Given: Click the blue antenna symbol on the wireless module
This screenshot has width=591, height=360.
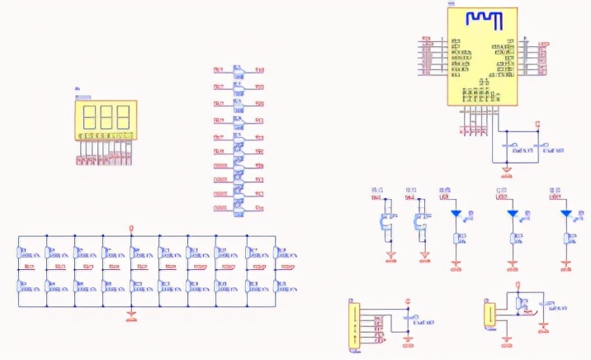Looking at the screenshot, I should point(480,19).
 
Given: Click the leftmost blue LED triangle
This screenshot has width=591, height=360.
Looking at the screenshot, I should point(456,213).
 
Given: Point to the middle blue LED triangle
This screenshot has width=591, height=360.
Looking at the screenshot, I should point(513,213).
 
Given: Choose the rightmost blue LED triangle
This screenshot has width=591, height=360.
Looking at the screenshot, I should point(566,213).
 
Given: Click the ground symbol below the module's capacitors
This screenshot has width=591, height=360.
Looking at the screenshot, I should point(507,171).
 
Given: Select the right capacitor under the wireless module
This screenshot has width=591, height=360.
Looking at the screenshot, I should point(537,149).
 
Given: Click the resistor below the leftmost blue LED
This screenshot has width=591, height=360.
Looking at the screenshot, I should point(456,240).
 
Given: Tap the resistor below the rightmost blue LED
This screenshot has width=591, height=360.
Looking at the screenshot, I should point(566,240).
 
